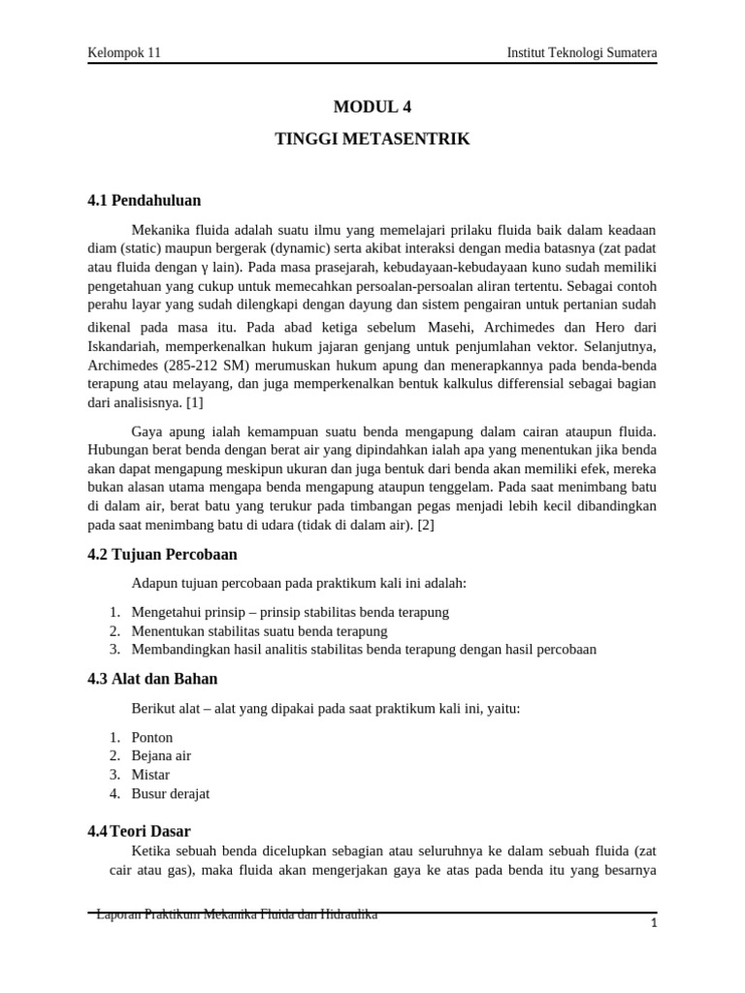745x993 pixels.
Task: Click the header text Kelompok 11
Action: tap(124, 52)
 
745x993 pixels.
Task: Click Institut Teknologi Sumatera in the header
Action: tap(582, 52)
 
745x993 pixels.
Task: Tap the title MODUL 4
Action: tap(372, 107)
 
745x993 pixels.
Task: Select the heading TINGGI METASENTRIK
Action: tap(372, 140)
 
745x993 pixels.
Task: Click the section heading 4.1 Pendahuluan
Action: tap(145, 201)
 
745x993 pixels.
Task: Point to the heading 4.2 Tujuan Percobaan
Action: tap(162, 555)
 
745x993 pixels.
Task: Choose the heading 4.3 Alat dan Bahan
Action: tap(152, 679)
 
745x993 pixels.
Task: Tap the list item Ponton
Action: tap(151, 738)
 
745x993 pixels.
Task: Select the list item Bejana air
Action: tap(161, 756)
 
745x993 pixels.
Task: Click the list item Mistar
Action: tap(150, 775)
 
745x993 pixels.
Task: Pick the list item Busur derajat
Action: tap(170, 793)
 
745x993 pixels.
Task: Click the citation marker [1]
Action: tap(194, 403)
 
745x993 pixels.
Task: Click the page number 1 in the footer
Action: tap(655, 924)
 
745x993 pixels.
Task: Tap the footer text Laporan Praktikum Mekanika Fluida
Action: tap(237, 914)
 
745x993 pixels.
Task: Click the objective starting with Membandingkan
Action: tap(364, 649)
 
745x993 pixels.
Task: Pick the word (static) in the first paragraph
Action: tap(140, 248)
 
